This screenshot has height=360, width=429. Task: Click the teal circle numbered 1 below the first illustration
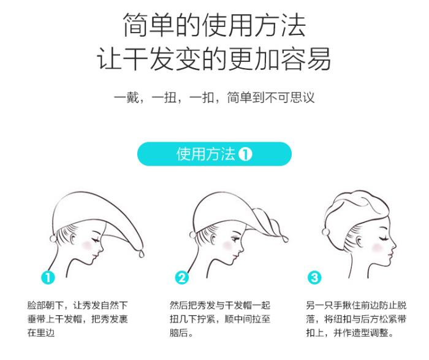(48, 277)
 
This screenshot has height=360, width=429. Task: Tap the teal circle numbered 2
(181, 277)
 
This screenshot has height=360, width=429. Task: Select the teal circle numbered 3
(314, 277)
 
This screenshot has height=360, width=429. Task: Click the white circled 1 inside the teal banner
(245, 154)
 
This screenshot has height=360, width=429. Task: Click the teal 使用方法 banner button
(214, 154)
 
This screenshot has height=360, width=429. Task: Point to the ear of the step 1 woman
(73, 238)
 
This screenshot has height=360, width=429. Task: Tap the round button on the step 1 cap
(53, 239)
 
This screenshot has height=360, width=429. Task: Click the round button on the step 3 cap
(325, 232)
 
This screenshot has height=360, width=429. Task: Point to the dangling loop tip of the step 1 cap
(142, 253)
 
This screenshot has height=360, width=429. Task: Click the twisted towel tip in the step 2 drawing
(285, 239)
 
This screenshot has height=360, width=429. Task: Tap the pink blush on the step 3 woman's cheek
(377, 248)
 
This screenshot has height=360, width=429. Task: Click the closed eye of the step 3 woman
(382, 237)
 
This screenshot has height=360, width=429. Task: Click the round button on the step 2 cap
(192, 235)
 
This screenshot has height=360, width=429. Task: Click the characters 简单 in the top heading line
(148, 25)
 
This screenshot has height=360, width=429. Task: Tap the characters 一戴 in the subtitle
(126, 98)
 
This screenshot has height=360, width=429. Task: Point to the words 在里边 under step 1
(41, 332)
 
